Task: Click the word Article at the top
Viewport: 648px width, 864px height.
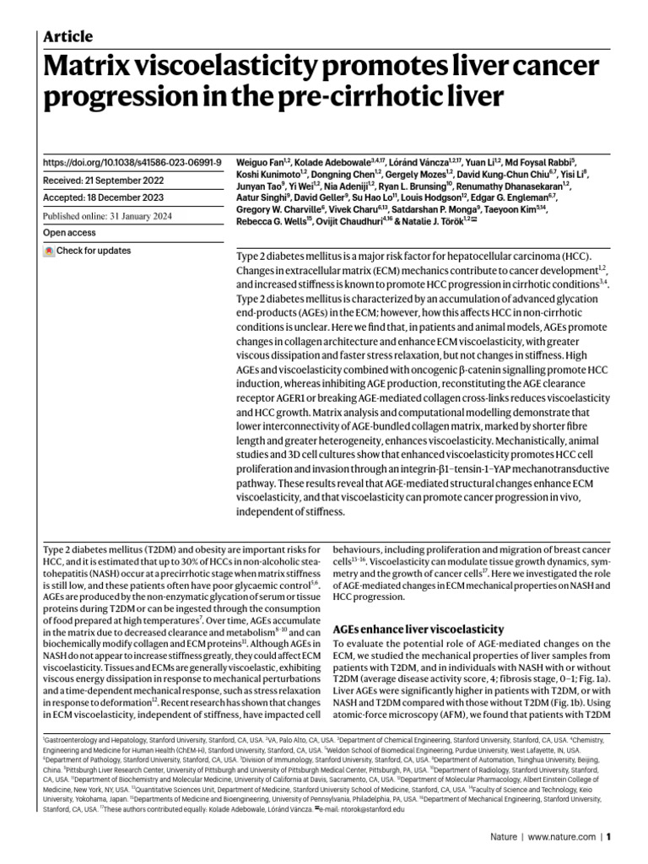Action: tap(67, 36)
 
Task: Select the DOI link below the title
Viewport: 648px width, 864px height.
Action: tap(132, 161)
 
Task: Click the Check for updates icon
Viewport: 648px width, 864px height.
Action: tap(50, 251)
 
